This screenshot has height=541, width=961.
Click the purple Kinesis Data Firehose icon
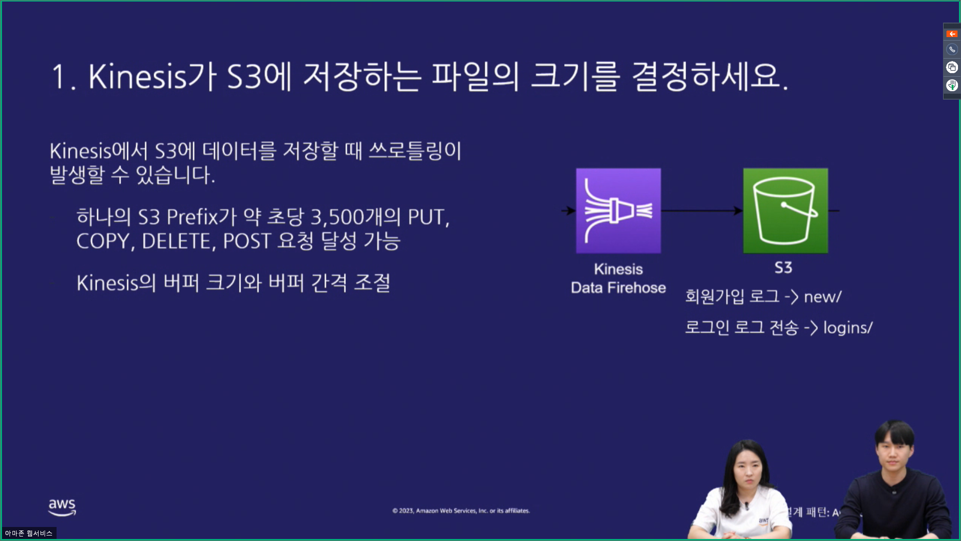point(618,210)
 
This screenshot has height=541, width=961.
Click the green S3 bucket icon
point(785,210)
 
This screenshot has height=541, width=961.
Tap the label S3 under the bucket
point(783,267)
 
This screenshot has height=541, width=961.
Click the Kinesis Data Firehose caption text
point(618,279)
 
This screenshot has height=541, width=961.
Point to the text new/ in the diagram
point(822,297)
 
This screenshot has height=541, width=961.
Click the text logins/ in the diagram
point(847,328)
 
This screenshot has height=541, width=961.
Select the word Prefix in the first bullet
point(192,217)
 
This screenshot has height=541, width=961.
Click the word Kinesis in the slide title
point(137,77)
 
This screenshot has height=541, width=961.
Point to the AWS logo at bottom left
point(62,506)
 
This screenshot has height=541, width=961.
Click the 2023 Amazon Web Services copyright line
point(461,510)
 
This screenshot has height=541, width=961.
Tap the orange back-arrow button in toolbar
point(951,34)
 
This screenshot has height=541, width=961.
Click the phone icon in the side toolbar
point(951,50)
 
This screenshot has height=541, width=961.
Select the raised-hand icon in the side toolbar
point(951,85)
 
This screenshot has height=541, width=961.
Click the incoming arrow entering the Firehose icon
point(568,211)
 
